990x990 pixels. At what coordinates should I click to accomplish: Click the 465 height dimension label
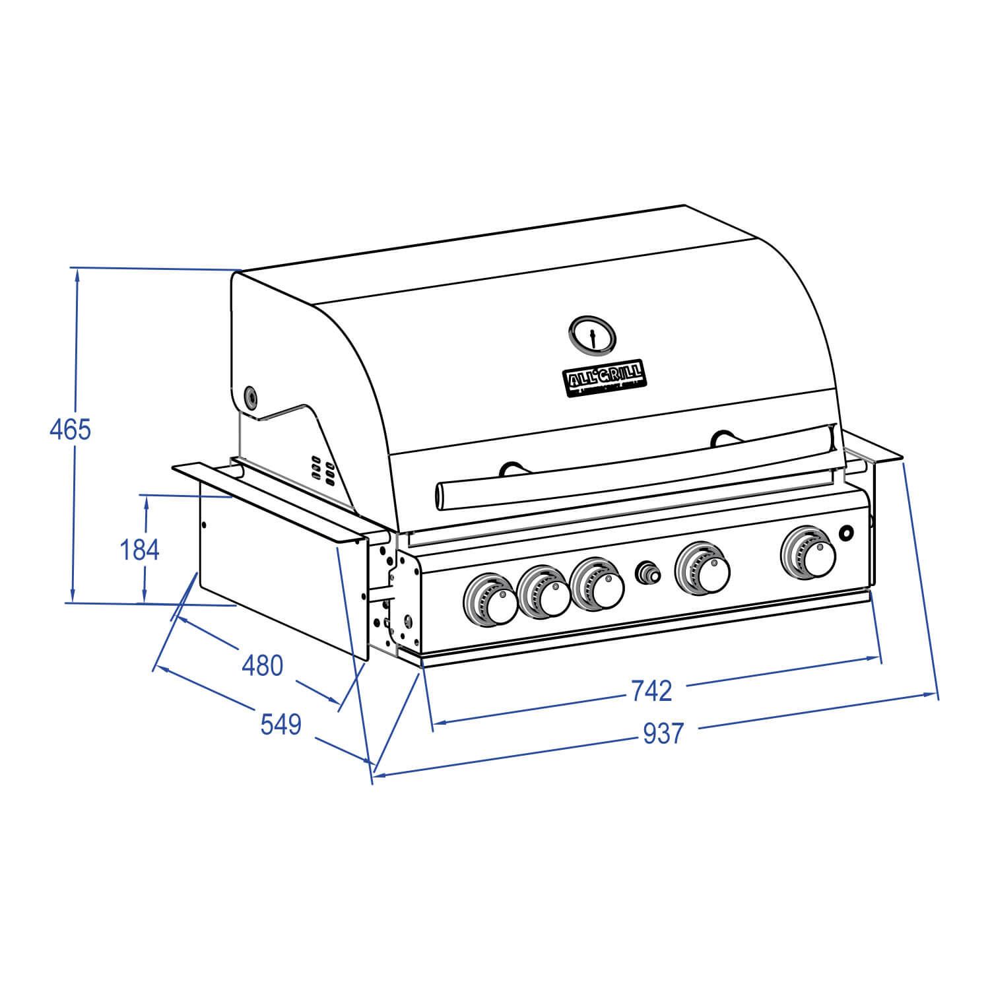pyautogui.click(x=70, y=430)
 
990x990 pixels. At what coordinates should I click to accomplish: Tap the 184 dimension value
pyautogui.click(x=139, y=549)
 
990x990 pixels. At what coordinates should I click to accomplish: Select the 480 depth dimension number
pyautogui.click(x=262, y=665)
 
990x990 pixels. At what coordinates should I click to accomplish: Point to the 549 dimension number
pyautogui.click(x=280, y=725)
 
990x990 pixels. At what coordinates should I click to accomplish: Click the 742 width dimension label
pyautogui.click(x=651, y=690)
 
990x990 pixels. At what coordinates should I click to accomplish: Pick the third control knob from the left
pyautogui.click(x=597, y=583)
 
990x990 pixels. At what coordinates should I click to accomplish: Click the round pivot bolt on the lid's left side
pyautogui.click(x=251, y=397)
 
